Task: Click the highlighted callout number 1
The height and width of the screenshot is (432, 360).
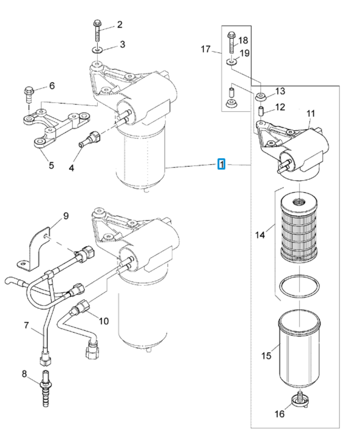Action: [x=222, y=164]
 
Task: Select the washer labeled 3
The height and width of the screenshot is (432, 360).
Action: [x=97, y=50]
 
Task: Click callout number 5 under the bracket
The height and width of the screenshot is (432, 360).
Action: [x=51, y=165]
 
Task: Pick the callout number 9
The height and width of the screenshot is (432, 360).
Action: [x=65, y=215]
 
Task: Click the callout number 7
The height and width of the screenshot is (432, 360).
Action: [x=26, y=326]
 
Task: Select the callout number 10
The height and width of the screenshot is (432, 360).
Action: [x=104, y=321]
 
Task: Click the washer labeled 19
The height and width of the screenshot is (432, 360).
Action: [x=231, y=62]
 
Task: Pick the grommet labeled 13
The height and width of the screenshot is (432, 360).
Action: [x=260, y=97]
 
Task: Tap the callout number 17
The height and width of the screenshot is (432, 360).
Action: [x=205, y=49]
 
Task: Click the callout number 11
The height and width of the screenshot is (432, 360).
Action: [x=310, y=113]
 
